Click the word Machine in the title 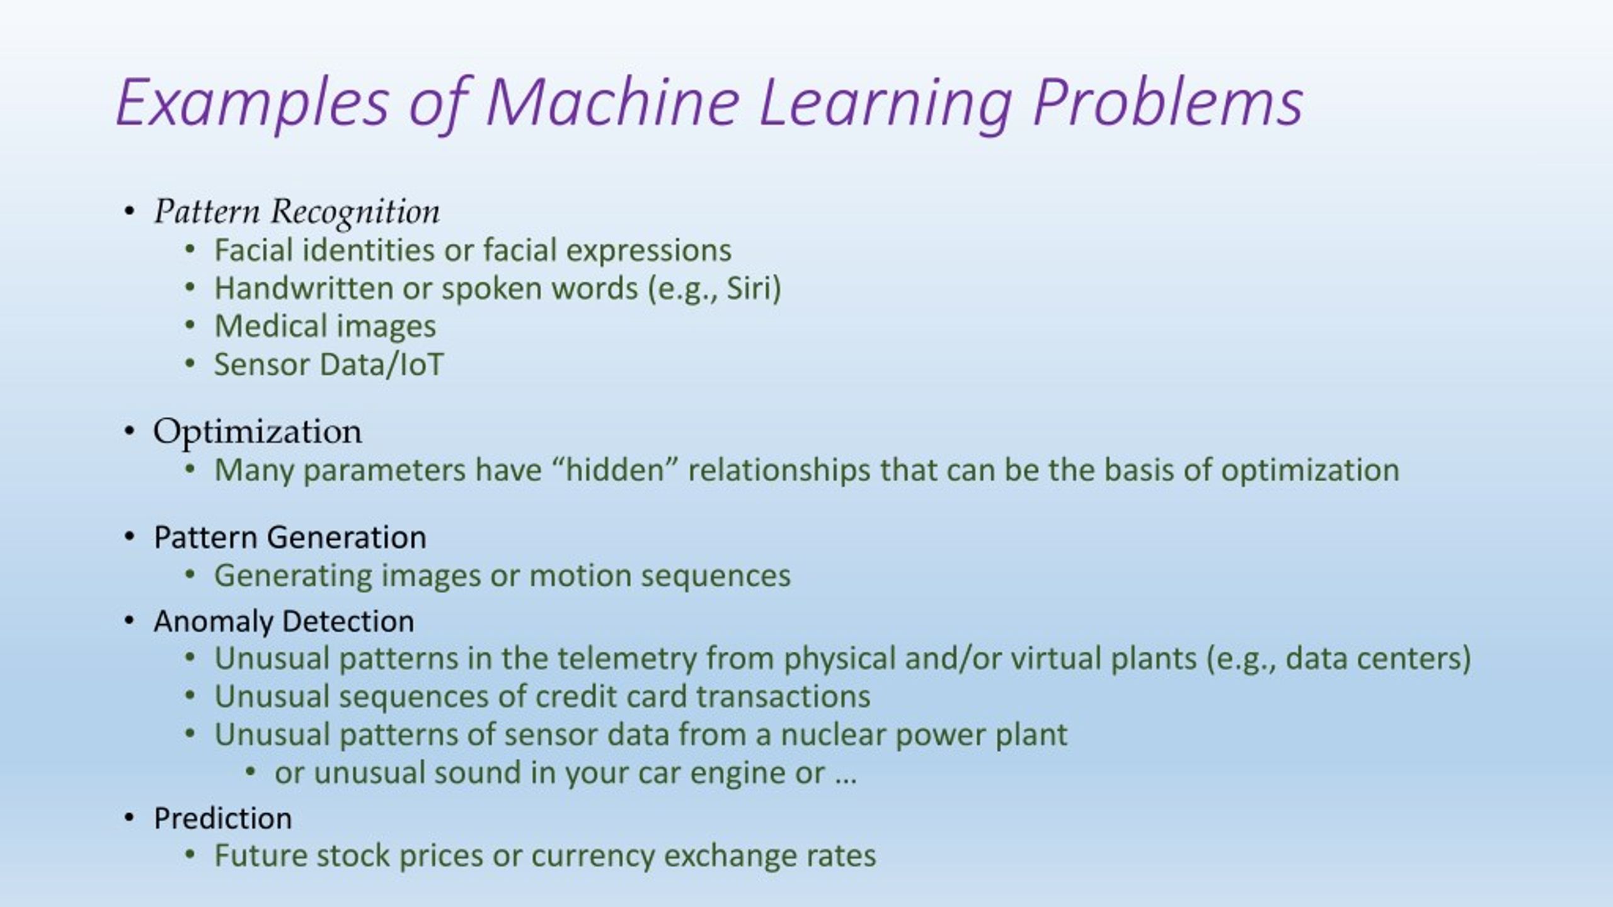pos(612,102)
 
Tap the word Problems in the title pos(1168,102)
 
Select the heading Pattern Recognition pos(297,212)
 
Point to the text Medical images pos(325,326)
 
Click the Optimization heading pos(258,432)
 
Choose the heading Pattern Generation pos(290,537)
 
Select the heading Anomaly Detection pos(284,621)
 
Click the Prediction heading pos(223,818)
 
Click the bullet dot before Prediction pos(130,818)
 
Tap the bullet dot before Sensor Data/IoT pos(190,364)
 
